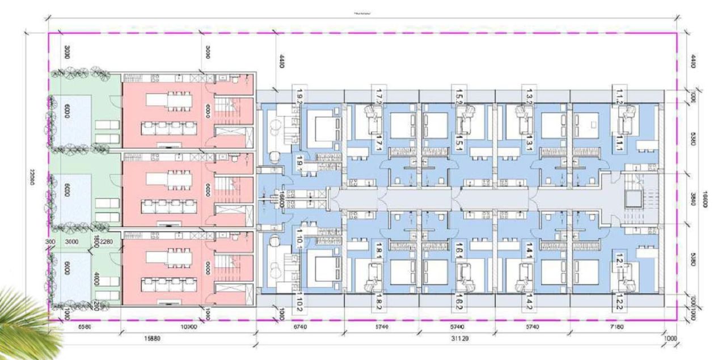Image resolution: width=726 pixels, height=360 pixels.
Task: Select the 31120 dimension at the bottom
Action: coord(459,338)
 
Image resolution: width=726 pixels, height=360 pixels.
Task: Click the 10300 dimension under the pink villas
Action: coord(188,327)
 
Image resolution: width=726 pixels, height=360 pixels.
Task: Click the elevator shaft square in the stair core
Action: coord(631,199)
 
